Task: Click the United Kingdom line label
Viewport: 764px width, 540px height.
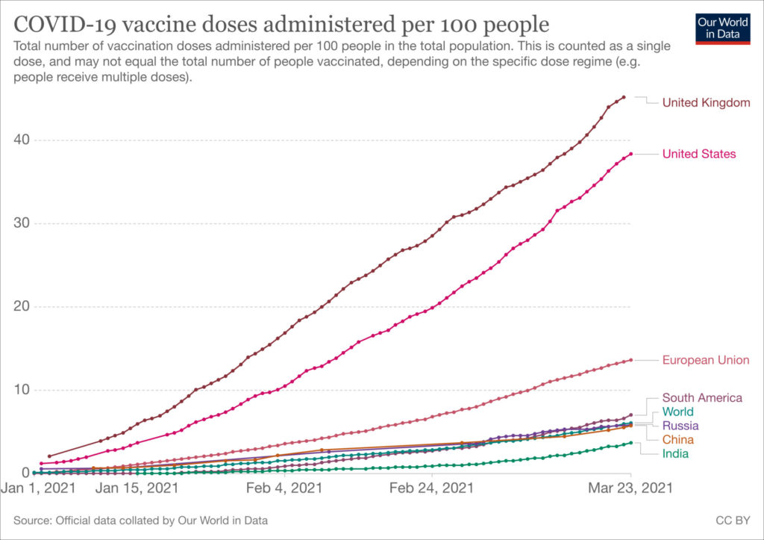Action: coord(706,102)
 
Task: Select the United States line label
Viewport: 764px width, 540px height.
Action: coord(699,154)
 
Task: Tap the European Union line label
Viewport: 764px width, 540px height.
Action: coord(705,360)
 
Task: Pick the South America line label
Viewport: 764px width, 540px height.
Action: coord(702,398)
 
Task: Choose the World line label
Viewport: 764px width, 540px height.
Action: coord(677,412)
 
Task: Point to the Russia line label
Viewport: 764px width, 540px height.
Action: coord(680,426)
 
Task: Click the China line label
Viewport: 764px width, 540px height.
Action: coord(677,440)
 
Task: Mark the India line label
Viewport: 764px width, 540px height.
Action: coord(675,453)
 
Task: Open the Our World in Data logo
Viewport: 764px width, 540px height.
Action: coord(723,28)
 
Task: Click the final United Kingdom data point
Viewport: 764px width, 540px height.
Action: coord(624,97)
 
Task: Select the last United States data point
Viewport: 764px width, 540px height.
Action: coord(631,154)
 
